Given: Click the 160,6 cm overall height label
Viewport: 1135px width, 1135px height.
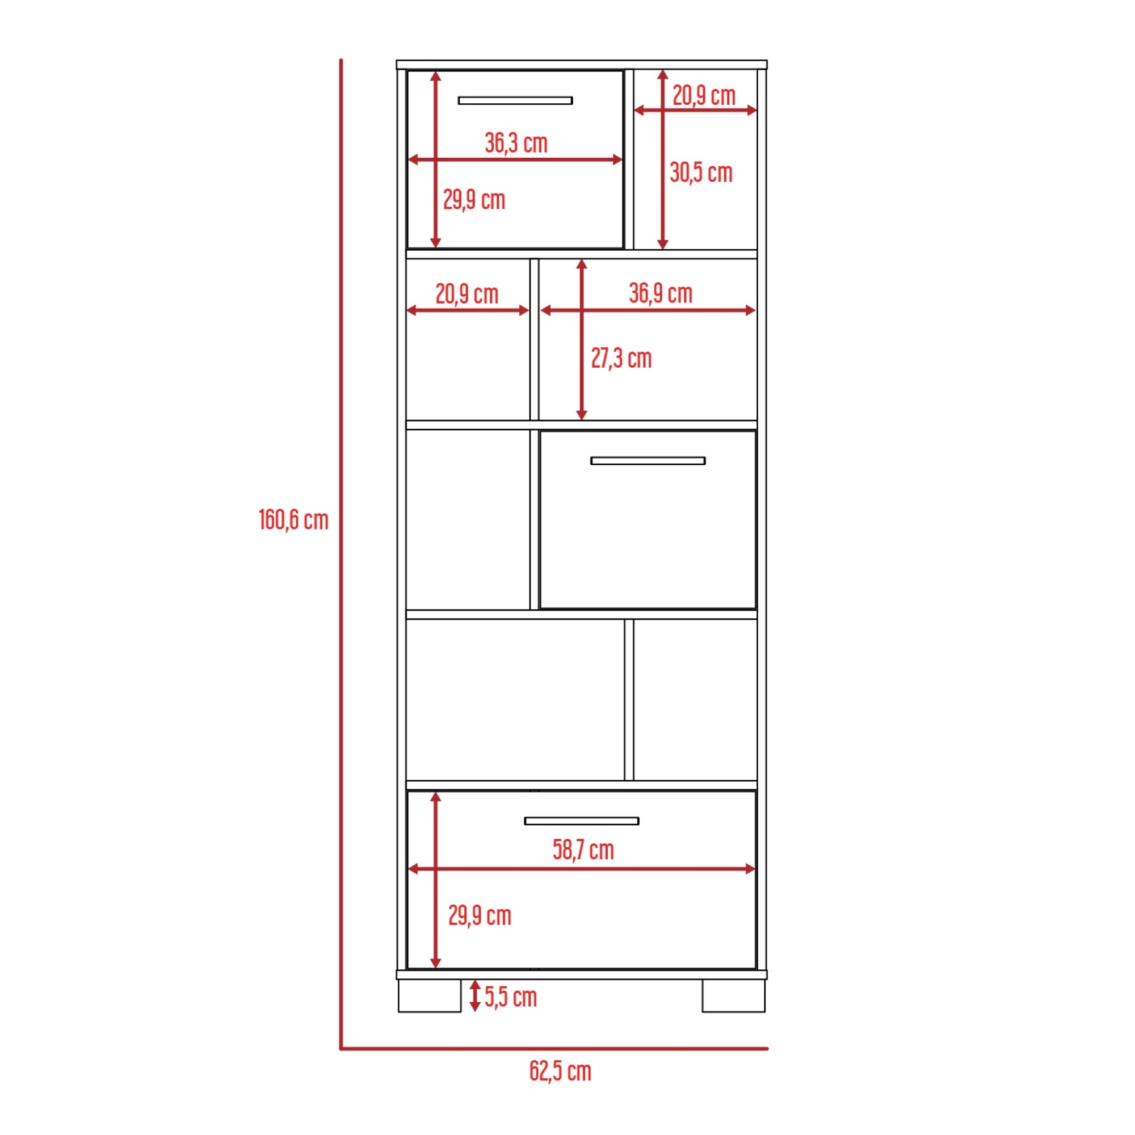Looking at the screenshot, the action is coord(293,520).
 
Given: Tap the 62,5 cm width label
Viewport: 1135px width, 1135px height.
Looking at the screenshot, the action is coord(560,1071).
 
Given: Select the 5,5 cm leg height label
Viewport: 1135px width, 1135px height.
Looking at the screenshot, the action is coord(511,997).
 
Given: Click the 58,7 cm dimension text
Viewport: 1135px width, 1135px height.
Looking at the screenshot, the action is coord(583,850).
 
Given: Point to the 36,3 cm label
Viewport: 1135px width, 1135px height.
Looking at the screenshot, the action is coord(516,144).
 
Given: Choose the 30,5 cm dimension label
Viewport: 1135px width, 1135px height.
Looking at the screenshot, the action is coord(701,173).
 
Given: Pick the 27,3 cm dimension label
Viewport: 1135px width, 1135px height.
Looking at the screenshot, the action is coord(621,358).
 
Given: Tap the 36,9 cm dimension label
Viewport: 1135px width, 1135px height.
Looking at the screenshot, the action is coord(661,293).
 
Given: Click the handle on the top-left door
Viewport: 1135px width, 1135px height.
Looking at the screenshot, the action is coord(515,100).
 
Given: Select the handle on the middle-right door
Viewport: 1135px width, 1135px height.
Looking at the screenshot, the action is coord(648,461).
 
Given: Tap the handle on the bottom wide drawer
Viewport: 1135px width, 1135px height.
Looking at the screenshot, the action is coord(581,821).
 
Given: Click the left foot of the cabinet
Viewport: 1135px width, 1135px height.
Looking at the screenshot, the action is coord(430,995).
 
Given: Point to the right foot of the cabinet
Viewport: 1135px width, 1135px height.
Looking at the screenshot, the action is coord(733,995).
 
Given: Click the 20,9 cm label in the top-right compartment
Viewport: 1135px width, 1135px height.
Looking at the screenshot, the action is coord(704,96).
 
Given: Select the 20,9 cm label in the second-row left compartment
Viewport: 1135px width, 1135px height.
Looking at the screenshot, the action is coord(466,295).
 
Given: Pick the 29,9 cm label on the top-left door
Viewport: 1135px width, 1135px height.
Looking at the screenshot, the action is coord(473,200).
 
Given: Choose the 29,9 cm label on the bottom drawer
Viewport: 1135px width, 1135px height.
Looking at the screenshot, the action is coord(480,916).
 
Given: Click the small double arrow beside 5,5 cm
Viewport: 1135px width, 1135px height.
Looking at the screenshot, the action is coord(474,996).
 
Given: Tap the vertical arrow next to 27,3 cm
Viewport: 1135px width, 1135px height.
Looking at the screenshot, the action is coord(582,339).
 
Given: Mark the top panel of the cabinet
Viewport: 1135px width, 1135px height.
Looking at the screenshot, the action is coord(582,65).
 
